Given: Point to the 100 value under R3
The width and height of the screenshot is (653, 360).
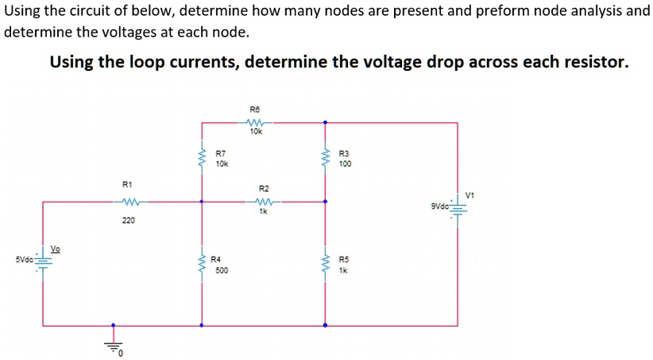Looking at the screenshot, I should [344, 165].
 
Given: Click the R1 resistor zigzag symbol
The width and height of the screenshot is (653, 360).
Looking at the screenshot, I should [131, 201].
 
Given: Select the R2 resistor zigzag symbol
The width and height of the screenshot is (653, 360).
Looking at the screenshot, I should [264, 202].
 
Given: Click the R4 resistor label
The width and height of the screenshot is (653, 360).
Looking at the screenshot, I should [215, 260].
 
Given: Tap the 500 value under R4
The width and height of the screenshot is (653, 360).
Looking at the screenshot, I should [222, 270].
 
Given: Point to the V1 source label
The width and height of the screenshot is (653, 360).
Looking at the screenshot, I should [470, 195].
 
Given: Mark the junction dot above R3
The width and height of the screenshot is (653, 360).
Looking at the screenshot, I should [324, 122].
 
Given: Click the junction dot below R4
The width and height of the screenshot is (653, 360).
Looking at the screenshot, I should [201, 325].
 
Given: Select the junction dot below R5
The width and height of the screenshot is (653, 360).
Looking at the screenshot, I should [324, 325].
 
